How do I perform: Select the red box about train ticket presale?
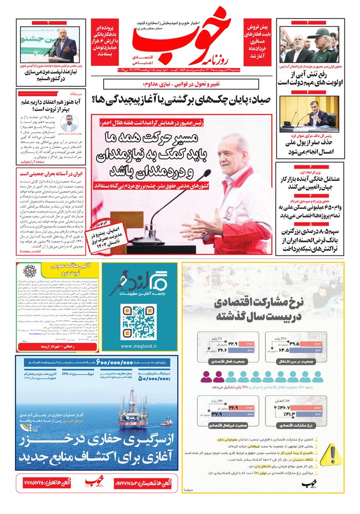[259, 36]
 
